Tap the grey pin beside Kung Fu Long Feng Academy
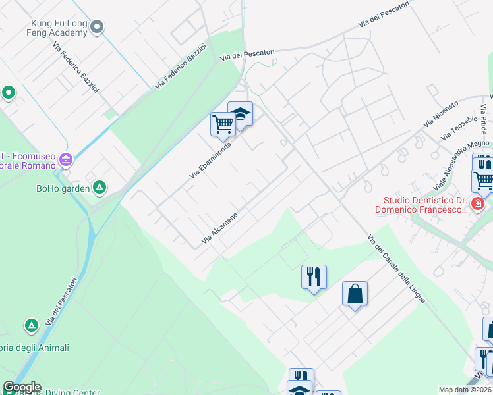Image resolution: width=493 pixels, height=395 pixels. [x=98, y=27]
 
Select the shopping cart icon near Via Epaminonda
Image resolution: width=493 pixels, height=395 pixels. [x=223, y=123]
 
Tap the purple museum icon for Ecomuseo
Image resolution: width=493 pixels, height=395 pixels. [x=65, y=159]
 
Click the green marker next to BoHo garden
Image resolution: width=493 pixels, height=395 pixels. [x=99, y=188]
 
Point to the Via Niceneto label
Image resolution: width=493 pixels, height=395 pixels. [x=442, y=114]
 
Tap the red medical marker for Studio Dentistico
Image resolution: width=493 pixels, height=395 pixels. [x=478, y=205]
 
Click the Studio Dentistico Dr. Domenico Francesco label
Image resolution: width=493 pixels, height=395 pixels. [x=422, y=205]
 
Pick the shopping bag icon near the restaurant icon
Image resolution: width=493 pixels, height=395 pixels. [x=355, y=294]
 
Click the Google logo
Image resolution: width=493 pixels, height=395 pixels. [x=22, y=387]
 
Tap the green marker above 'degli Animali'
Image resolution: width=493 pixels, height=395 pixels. [x=31, y=325]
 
